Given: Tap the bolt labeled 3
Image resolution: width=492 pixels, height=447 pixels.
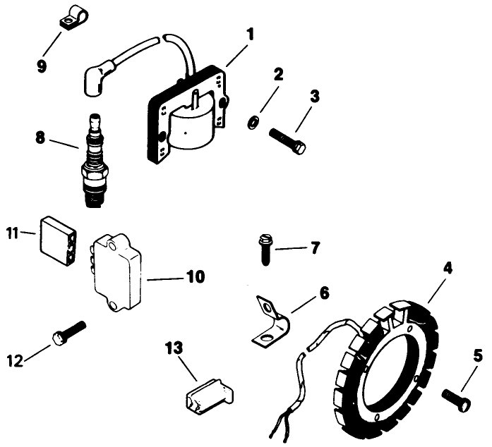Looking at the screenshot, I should (287, 140).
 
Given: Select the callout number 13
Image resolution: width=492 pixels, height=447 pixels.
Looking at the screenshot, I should (173, 348).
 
